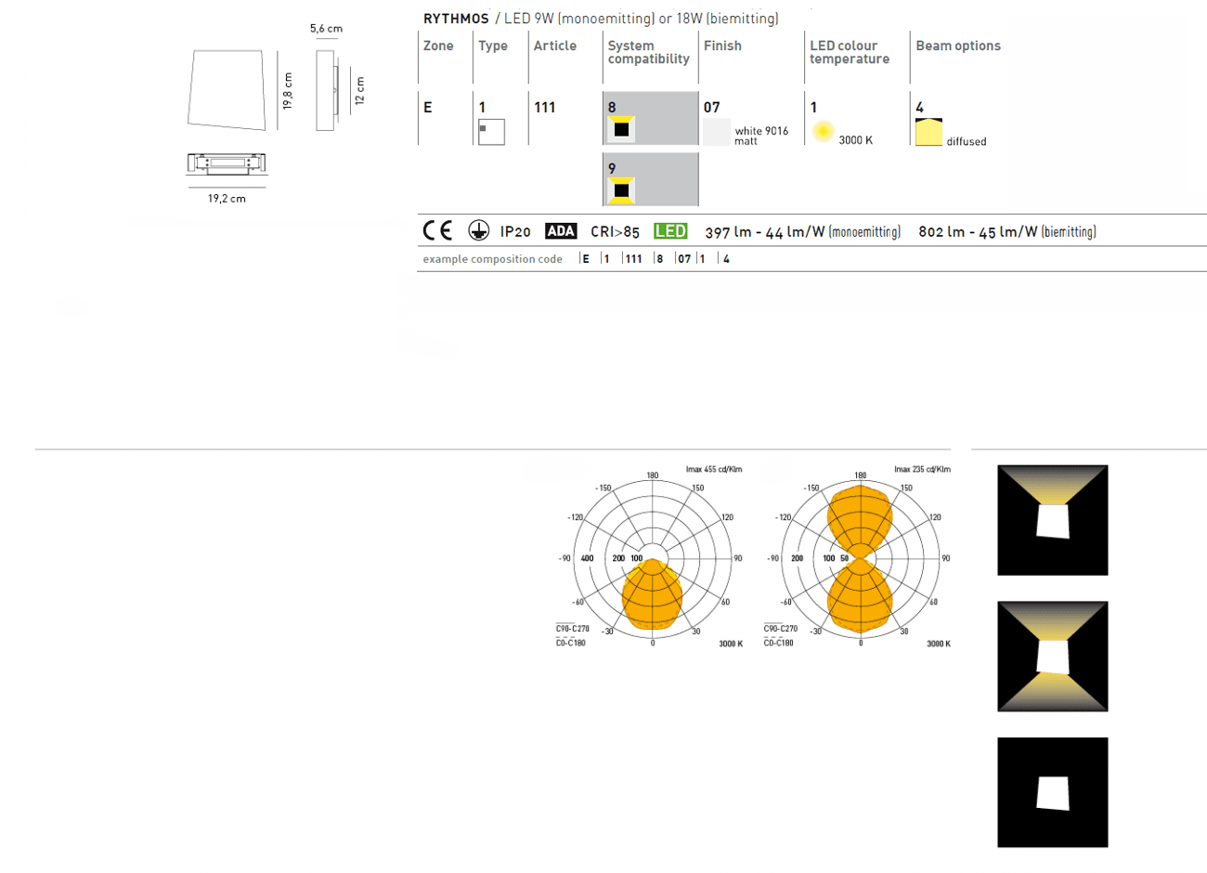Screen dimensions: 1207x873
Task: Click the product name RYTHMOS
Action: (x=456, y=19)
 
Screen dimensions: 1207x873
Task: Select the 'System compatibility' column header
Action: (x=648, y=52)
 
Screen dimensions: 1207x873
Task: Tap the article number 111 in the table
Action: (x=544, y=108)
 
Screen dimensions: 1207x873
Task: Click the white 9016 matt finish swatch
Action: (x=717, y=132)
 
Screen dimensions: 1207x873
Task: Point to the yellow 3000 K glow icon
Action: (x=823, y=131)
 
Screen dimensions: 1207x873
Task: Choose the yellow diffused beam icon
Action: (x=928, y=132)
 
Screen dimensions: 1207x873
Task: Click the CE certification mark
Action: (x=437, y=230)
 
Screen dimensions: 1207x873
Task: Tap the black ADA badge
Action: (x=561, y=231)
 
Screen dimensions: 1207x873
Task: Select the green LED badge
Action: (x=670, y=231)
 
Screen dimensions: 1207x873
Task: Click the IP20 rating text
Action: (x=515, y=232)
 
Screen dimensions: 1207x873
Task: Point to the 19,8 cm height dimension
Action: (x=288, y=90)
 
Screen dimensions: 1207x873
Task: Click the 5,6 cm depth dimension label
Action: (x=326, y=29)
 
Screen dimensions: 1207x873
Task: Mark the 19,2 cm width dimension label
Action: (x=227, y=199)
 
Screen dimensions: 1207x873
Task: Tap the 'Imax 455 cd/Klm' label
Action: (x=714, y=469)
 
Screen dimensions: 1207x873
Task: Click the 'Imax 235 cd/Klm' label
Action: (x=923, y=469)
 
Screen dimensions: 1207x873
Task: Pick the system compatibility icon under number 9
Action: (x=621, y=190)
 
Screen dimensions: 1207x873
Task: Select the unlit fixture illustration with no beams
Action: (x=1052, y=792)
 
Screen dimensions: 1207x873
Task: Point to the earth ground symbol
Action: (x=478, y=230)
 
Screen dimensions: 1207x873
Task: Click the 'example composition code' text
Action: (x=492, y=259)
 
